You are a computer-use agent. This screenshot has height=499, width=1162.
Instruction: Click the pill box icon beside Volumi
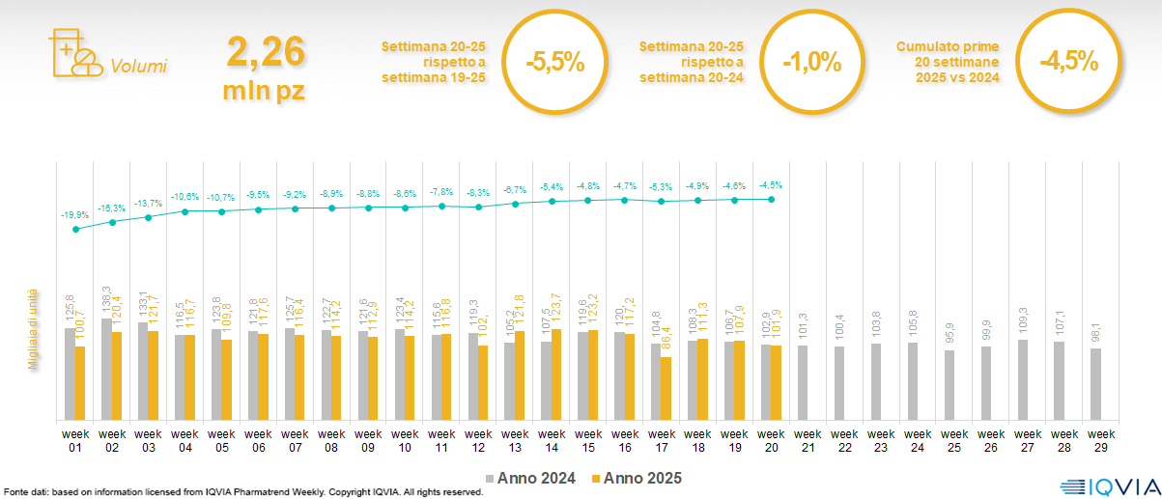coord(73,53)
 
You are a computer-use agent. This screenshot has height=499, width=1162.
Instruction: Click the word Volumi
coord(139,67)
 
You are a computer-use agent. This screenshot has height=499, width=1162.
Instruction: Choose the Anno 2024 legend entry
coord(535,478)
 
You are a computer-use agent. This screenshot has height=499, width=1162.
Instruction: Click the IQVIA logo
coord(1102,486)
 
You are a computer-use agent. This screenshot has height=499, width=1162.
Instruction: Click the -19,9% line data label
coord(73,215)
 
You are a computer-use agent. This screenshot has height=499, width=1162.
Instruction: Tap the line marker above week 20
coord(771,200)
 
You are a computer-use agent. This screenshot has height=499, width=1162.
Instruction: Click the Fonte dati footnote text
coord(241,491)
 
